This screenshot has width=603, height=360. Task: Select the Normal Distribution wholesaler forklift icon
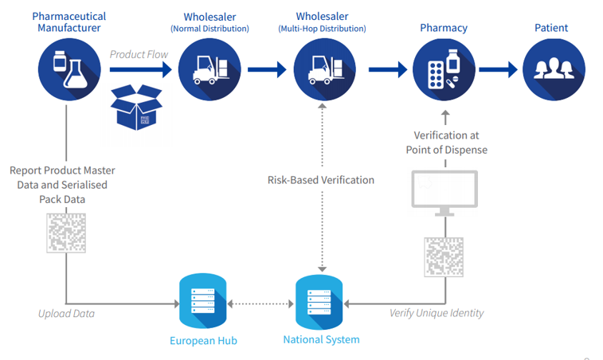coord(209,69)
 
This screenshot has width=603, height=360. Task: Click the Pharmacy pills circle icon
coord(443,69)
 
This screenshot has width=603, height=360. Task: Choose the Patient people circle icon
coord(552,69)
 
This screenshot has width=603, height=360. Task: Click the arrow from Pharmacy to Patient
coord(498,69)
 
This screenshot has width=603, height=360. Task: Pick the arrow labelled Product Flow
coord(140,69)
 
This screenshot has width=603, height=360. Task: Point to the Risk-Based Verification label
coord(321,180)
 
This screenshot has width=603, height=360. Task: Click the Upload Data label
coord(66,313)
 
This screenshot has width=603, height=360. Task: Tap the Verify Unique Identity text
coord(437,313)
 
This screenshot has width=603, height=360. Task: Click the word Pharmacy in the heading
coord(444,28)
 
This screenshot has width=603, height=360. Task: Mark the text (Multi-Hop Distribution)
coord(322,29)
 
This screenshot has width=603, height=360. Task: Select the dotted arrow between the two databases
coord(260,303)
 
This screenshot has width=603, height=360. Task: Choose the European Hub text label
coord(203,341)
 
